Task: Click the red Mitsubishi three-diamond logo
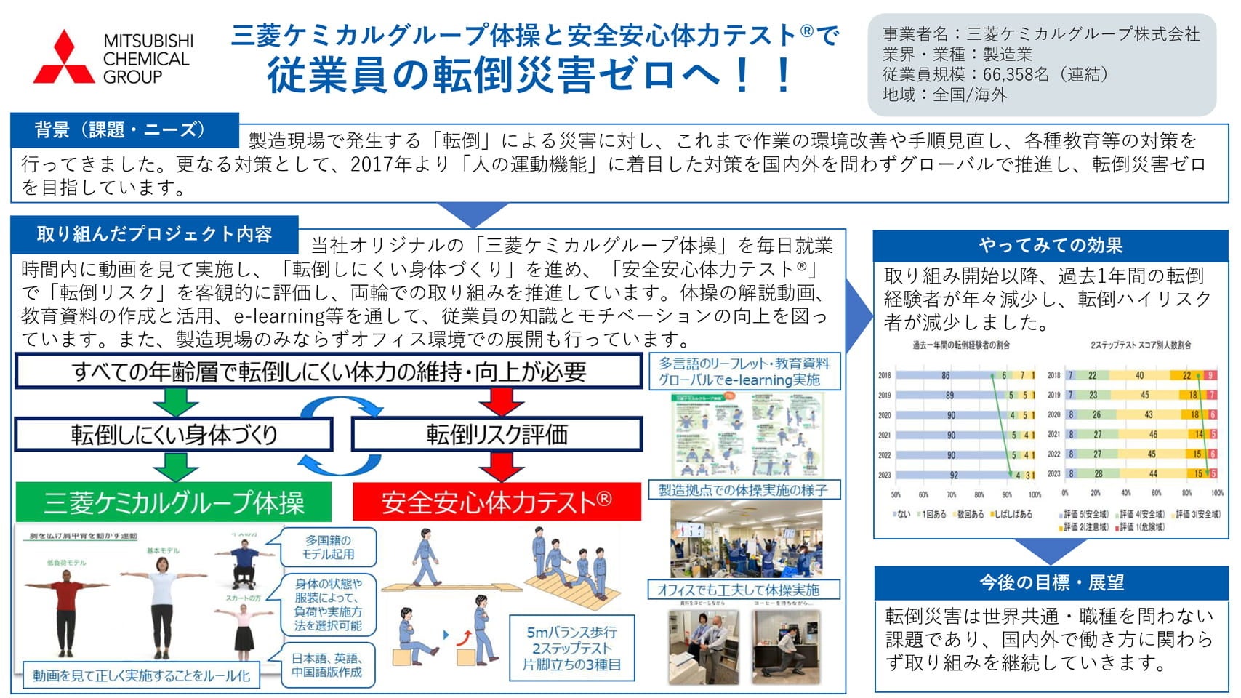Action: pyautogui.click(x=64, y=58)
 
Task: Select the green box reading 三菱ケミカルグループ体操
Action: pyautogui.click(x=173, y=502)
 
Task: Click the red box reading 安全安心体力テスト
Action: pyautogui.click(x=497, y=502)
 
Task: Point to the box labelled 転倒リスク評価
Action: pyautogui.click(x=497, y=434)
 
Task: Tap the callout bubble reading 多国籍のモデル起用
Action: pyautogui.click(x=329, y=547)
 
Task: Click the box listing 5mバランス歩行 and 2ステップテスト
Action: pyautogui.click(x=572, y=648)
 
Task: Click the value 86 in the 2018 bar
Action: pyautogui.click(x=945, y=376)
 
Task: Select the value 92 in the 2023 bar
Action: pyautogui.click(x=954, y=475)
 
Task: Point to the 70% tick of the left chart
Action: pyautogui.click(x=951, y=494)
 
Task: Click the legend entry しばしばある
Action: pyautogui.click(x=1013, y=514)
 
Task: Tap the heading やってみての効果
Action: pyautogui.click(x=1050, y=246)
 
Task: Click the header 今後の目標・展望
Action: pyautogui.click(x=1051, y=582)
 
